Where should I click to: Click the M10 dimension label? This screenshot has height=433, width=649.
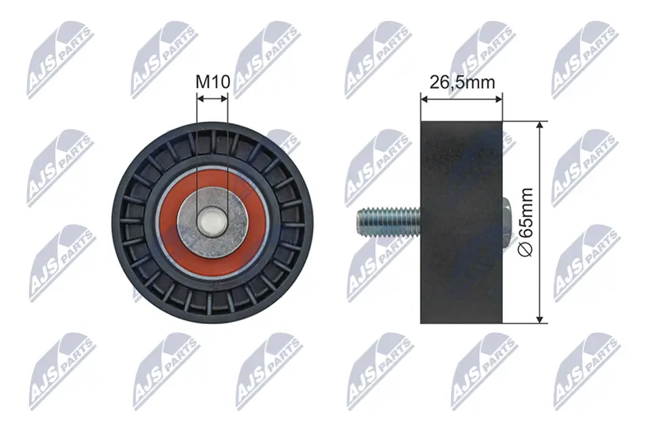click(213, 83)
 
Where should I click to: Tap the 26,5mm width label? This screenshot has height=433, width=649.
click(462, 83)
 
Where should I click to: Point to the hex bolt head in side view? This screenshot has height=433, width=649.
click(507, 221)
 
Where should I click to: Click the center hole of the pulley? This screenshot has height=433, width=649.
click(212, 221)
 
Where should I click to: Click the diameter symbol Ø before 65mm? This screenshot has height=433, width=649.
click(528, 248)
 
